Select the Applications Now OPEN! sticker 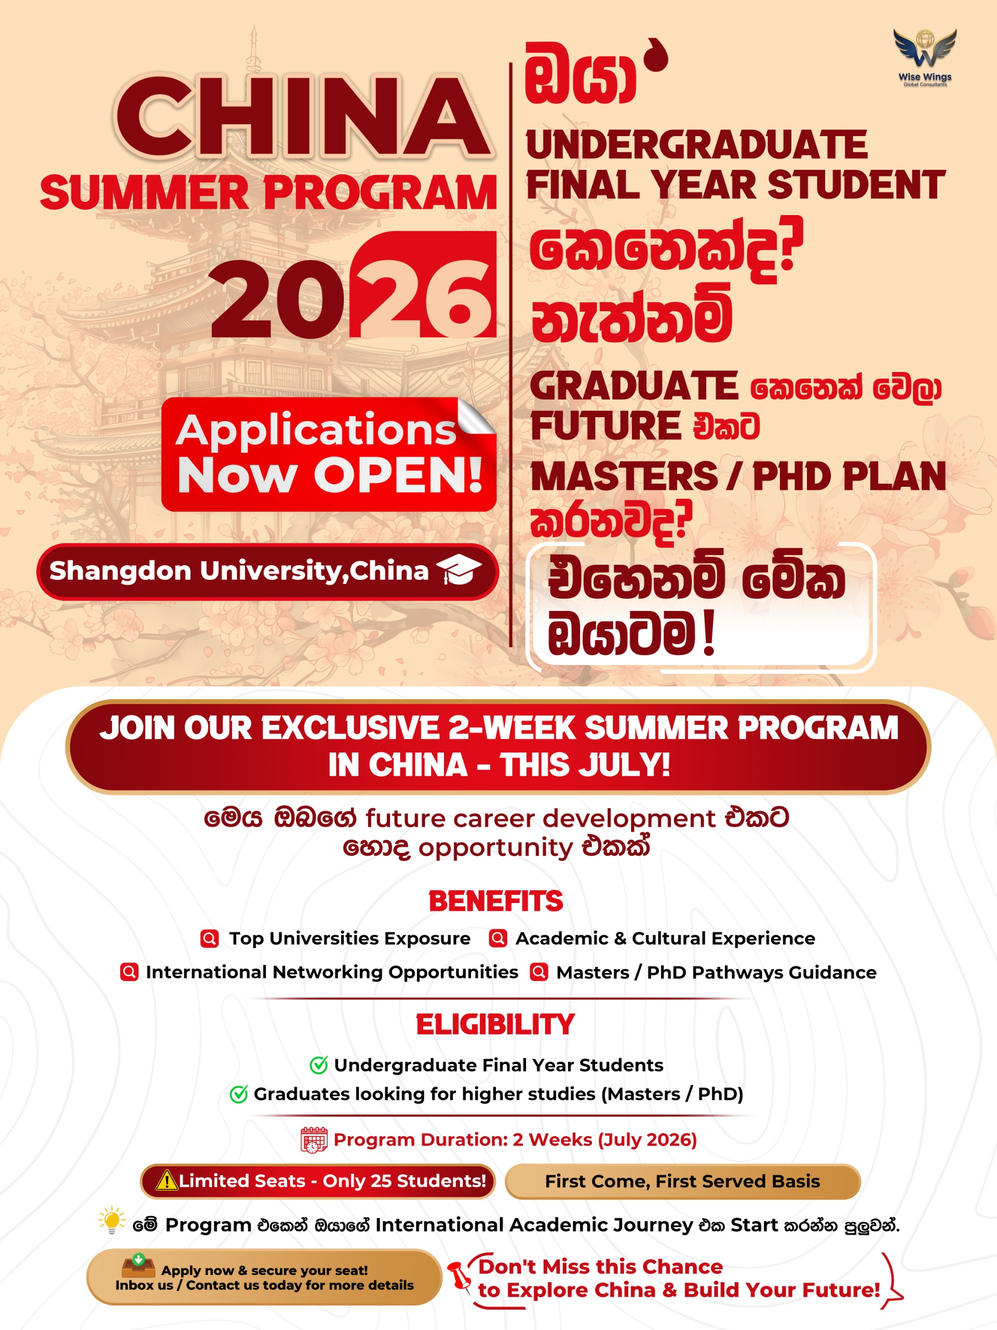pyautogui.click(x=329, y=455)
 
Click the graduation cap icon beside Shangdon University pyautogui.click(x=459, y=570)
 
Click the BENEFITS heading pyautogui.click(x=496, y=901)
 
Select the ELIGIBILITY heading pyautogui.click(x=495, y=1025)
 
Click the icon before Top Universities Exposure pyautogui.click(x=210, y=939)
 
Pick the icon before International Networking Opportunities pyautogui.click(x=129, y=972)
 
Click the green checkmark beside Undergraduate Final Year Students pyautogui.click(x=318, y=1065)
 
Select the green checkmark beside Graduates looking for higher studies pyautogui.click(x=238, y=1094)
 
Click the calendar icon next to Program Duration pyautogui.click(x=314, y=1140)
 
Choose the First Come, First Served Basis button pyautogui.click(x=682, y=1181)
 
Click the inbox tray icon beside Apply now pyautogui.click(x=138, y=1266)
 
